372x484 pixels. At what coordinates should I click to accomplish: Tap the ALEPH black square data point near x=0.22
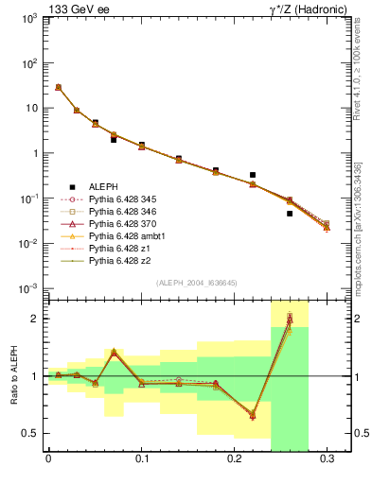coord(253,175)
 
